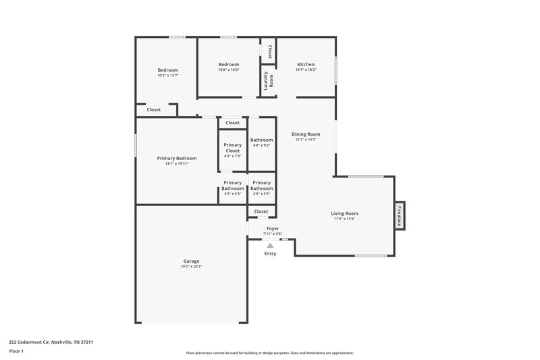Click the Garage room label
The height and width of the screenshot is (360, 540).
pos(191,261)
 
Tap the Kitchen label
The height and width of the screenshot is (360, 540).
pos(306,64)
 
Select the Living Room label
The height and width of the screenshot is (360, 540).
pos(345,213)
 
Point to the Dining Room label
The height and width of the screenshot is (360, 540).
pos(305,134)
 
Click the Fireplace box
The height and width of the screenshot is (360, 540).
pos(399,215)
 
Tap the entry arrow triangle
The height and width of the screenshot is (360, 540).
pos(270,246)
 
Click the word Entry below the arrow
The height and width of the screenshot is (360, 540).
pos(270,253)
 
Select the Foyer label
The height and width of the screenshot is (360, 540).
pos(273,228)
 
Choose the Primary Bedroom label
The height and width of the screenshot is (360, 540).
pos(176,158)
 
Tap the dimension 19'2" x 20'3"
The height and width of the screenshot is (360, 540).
pos(191,267)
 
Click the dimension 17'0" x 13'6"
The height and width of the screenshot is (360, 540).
pos(345,219)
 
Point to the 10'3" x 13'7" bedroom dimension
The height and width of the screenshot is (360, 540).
pos(168,75)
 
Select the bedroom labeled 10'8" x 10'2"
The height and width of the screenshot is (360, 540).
pos(229,67)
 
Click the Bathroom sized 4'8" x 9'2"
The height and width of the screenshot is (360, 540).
pos(261,143)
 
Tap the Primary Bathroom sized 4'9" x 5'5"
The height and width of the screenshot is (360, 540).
pos(233,188)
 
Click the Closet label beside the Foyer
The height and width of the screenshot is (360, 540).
pos(261,211)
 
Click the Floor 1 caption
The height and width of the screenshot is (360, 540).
pos(16,351)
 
